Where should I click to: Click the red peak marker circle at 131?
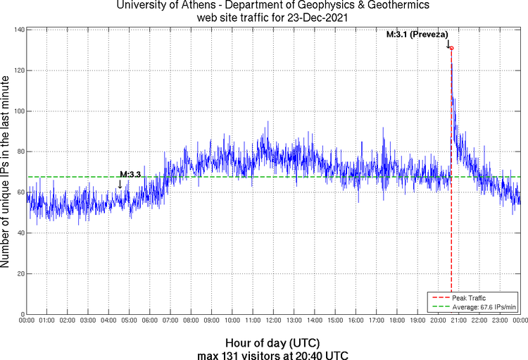tap(451, 48)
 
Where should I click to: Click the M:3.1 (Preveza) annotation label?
tap(418, 34)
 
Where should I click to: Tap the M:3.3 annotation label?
tap(130, 174)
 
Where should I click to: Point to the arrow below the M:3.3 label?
tap(120, 185)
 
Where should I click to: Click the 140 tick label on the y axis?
tap(18, 30)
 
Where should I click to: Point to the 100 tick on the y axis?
tap(18, 111)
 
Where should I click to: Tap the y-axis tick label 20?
tap(20, 273)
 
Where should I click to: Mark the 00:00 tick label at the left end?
tap(27, 321)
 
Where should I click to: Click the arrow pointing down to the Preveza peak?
tap(448, 43)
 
